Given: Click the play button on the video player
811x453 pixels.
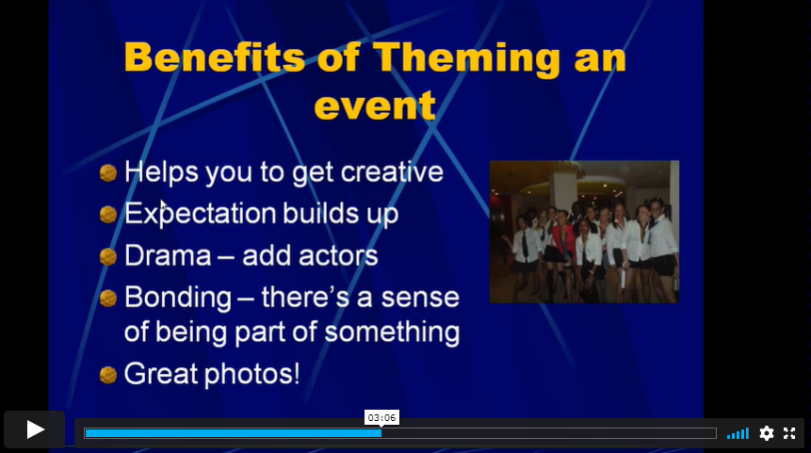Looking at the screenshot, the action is coord(35,429).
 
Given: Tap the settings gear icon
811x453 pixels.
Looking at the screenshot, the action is coord(767,433).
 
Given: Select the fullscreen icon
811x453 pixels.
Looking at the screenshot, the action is coord(789,433).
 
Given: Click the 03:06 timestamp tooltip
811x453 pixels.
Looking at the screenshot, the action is coord(381,417).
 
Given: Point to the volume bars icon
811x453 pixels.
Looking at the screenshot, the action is coord(738,433).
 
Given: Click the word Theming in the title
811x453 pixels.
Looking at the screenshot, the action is coord(465,58).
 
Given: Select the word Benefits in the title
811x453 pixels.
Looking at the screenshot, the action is coord(215,57).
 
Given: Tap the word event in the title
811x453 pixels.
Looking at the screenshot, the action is coord(375,105).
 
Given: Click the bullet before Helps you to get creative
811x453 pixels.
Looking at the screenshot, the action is coord(107,172).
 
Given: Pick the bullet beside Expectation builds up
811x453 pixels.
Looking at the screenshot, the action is coord(107,215).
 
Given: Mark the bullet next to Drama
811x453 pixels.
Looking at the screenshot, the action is coord(107,256).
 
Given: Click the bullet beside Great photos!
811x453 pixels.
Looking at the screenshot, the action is coord(107,375).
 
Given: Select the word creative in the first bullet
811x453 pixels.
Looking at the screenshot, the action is coord(392,171).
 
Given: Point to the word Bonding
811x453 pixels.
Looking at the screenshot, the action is coord(178,299).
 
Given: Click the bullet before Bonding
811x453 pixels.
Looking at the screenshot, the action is coord(107,299).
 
